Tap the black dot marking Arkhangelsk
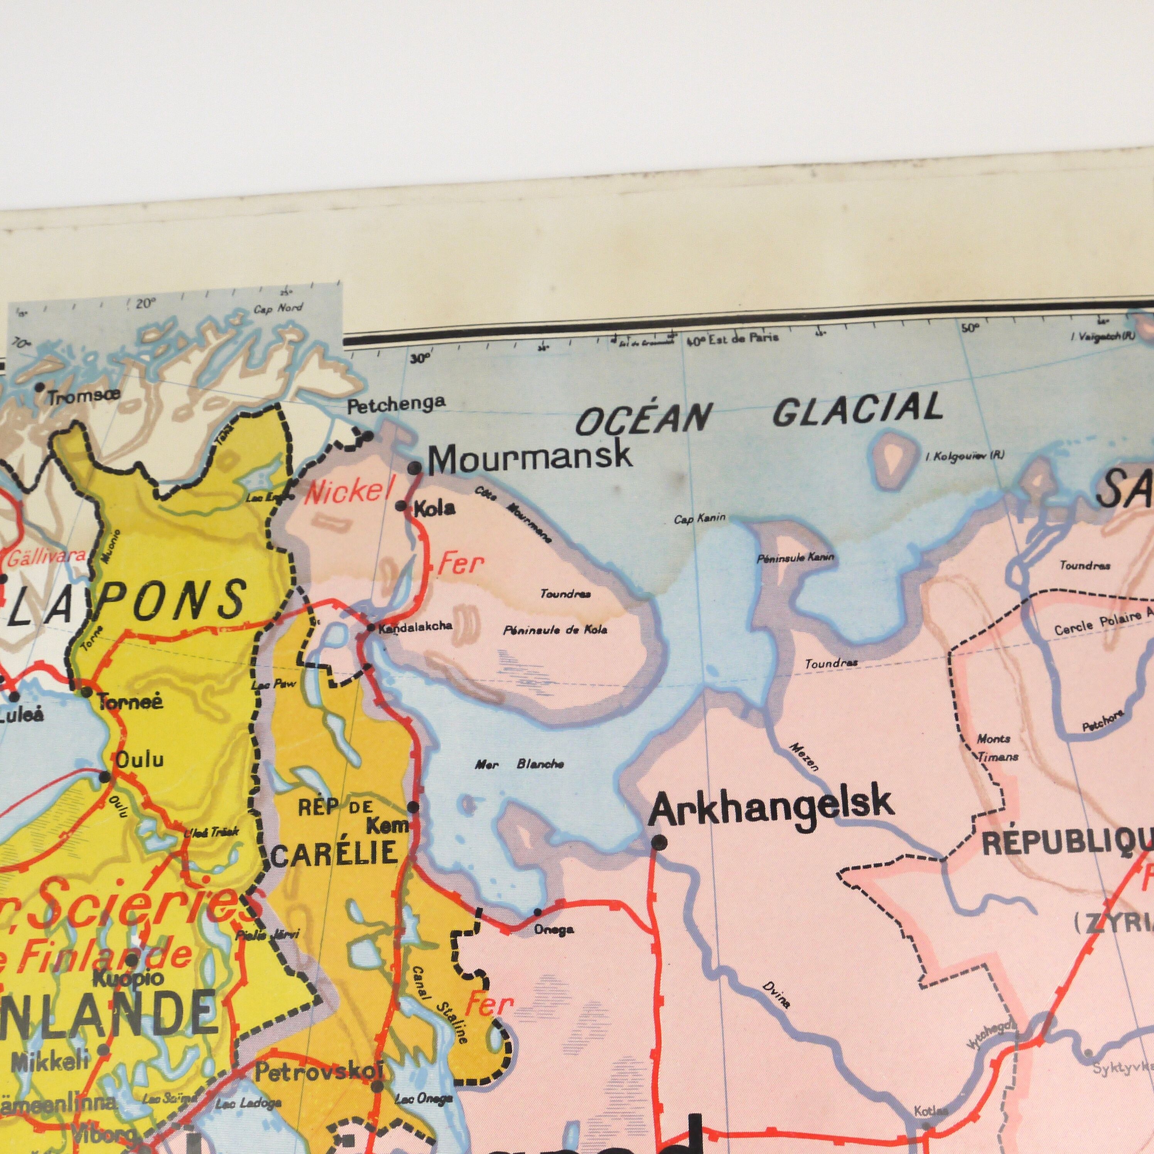coord(659,842)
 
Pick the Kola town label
coord(434,508)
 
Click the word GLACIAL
coord(858,411)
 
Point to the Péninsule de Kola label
coord(555,629)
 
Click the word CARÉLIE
coord(334,853)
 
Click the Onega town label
coord(554,930)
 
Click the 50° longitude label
coord(971,328)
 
